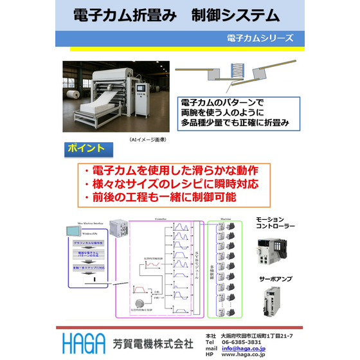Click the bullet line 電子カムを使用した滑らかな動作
pyautogui.click(x=171, y=171)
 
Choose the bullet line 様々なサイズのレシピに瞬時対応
pyautogui.click(x=171, y=184)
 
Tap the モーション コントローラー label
pyautogui.click(x=275, y=222)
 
